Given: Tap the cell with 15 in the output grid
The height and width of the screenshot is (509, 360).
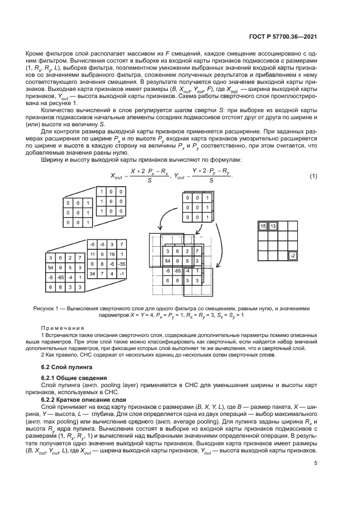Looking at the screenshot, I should (263, 226).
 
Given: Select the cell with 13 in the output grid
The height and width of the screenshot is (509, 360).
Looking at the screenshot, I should (273, 226).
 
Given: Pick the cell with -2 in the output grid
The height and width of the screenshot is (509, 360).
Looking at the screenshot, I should (292, 255).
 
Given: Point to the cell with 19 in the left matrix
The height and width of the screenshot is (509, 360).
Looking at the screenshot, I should (112, 254).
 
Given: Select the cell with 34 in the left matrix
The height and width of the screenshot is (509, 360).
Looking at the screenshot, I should (93, 273).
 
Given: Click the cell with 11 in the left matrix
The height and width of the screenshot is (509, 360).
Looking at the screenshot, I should (93, 254).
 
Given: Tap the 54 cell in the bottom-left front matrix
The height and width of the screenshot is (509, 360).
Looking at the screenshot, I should (50, 267).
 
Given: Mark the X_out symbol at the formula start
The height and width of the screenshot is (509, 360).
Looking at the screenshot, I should (117, 176).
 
